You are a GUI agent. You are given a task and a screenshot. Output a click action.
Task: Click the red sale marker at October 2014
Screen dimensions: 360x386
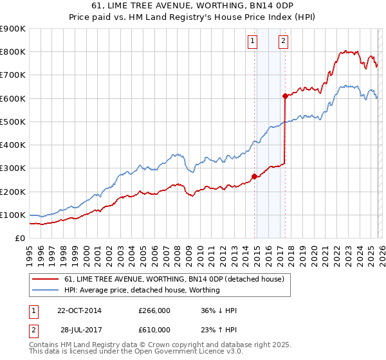255,176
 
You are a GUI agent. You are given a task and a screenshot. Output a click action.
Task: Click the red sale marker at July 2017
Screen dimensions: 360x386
286,96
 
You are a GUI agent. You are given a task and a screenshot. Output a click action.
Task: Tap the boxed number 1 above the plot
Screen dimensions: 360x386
252,42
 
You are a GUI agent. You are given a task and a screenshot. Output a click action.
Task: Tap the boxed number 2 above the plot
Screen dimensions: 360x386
283,42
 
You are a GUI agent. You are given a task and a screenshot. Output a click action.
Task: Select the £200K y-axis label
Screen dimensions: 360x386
13,192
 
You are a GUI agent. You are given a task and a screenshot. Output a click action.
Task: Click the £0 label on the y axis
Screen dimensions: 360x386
19,238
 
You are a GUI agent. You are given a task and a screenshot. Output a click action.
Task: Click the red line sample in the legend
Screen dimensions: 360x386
46,279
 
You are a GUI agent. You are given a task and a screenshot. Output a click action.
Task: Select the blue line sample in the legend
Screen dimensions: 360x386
46,290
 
